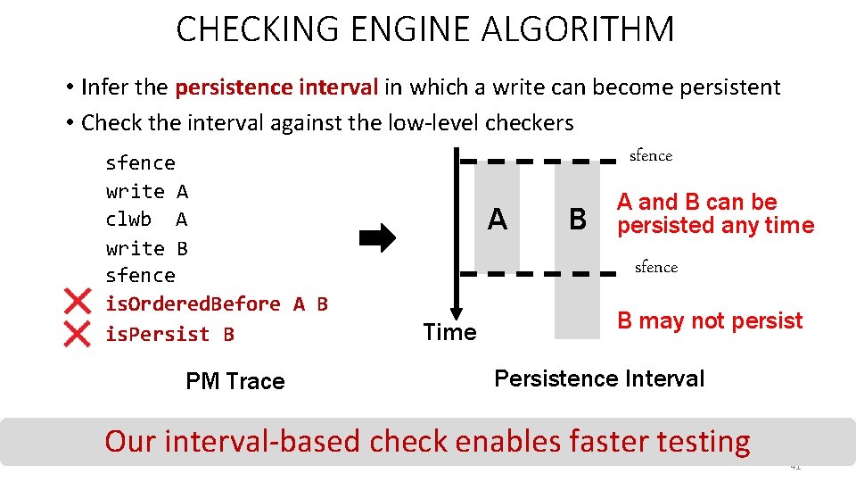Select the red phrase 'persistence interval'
pyautogui.click(x=277, y=87)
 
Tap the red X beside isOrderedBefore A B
pyautogui.click(x=78, y=303)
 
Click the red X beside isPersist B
pyautogui.click(x=78, y=334)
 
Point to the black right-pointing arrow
pyautogui.click(x=377, y=238)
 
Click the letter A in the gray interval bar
pyautogui.click(x=498, y=218)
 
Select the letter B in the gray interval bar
pyautogui.click(x=578, y=219)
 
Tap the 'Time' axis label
pyautogui.click(x=449, y=333)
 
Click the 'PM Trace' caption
pyautogui.click(x=235, y=381)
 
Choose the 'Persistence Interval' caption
pyautogui.click(x=599, y=378)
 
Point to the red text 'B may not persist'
pyautogui.click(x=710, y=320)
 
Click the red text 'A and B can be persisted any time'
pyautogui.click(x=715, y=214)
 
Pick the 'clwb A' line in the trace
pyautogui.click(x=146, y=220)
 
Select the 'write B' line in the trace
pyautogui.click(x=146, y=248)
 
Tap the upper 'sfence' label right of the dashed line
pyautogui.click(x=651, y=156)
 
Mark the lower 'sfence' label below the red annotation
pyautogui.click(x=656, y=267)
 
